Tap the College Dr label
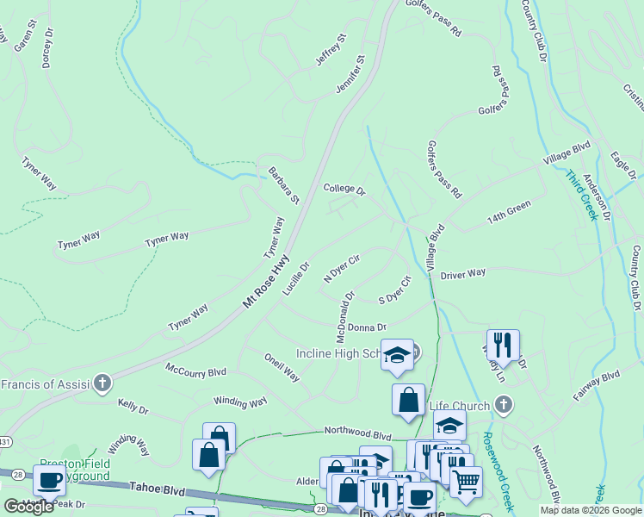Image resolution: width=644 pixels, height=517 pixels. (344, 189)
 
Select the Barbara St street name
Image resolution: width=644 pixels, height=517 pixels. (282, 185)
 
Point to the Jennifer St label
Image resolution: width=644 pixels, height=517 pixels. (350, 75)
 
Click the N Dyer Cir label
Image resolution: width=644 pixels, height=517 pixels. (341, 268)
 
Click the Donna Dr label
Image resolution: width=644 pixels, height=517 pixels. (367, 327)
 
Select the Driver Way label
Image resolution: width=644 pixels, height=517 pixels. (463, 274)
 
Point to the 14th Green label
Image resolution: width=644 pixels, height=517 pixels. (508, 212)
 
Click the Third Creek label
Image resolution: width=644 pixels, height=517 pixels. (580, 196)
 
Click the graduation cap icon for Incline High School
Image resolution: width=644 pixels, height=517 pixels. (397, 354)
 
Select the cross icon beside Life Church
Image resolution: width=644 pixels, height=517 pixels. (504, 405)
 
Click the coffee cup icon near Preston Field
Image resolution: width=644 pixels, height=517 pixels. (49, 480)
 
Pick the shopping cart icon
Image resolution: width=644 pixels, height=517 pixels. (466, 483)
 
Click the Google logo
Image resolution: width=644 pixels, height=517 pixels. (28, 507)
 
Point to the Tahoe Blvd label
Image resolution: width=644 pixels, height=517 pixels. (157, 489)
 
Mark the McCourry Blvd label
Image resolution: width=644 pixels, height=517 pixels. (195, 371)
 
